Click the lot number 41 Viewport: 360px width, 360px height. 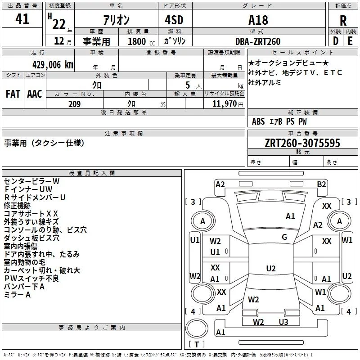(x=22, y=19)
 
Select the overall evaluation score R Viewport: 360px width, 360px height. (x=343, y=21)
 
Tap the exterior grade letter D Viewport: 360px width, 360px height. (x=335, y=41)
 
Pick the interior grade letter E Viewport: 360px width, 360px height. (x=351, y=41)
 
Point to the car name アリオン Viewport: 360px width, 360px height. (x=116, y=20)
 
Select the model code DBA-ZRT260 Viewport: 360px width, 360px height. (x=258, y=41)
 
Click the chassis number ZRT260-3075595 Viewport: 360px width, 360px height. (x=303, y=143)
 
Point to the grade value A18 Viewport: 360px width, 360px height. (x=258, y=20)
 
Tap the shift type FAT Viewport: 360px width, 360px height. (x=13, y=94)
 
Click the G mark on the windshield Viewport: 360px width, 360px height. (x=284, y=237)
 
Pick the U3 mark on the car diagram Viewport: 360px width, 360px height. (x=283, y=322)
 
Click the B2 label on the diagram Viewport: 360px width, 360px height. (x=321, y=184)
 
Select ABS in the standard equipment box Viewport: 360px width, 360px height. (x=258, y=121)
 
